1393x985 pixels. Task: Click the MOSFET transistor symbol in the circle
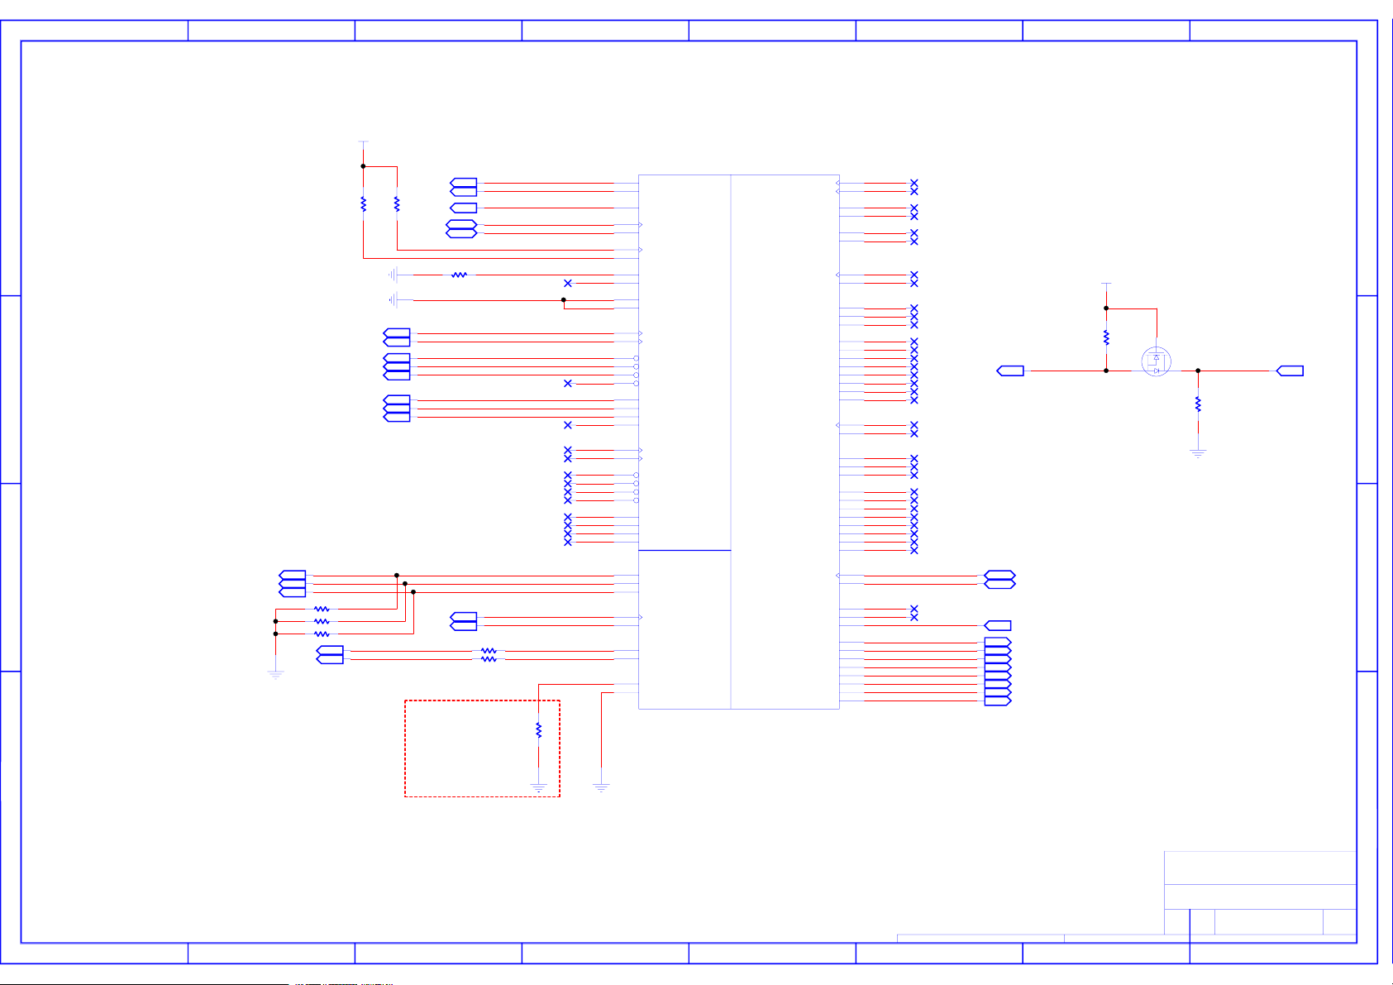pos(1156,361)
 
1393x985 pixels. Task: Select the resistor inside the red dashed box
pos(538,730)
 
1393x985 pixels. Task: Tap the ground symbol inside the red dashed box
pos(538,788)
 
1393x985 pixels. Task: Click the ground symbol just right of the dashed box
pos(601,788)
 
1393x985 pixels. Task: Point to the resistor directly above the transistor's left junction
pos(1106,337)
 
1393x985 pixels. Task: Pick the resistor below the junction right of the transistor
pos(1198,404)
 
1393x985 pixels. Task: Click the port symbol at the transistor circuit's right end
pos(1290,371)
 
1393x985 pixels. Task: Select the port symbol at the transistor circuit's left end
pos(1011,371)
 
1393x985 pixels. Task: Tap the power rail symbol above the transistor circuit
pos(1106,284)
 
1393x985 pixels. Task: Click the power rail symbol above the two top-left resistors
pos(363,142)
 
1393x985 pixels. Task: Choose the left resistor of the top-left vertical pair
pos(363,203)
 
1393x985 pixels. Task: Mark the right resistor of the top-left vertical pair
pos(397,203)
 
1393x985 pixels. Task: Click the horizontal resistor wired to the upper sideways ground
pos(459,275)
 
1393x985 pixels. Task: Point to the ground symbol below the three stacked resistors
pos(275,675)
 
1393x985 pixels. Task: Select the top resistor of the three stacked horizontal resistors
pos(322,609)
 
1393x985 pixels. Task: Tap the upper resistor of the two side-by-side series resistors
pos(489,651)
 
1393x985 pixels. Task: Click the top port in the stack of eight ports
pos(998,643)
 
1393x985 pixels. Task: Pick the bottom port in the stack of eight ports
pos(998,701)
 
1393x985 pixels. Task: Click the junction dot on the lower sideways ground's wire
pos(564,299)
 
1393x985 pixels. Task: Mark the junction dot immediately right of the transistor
pos(1198,371)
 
